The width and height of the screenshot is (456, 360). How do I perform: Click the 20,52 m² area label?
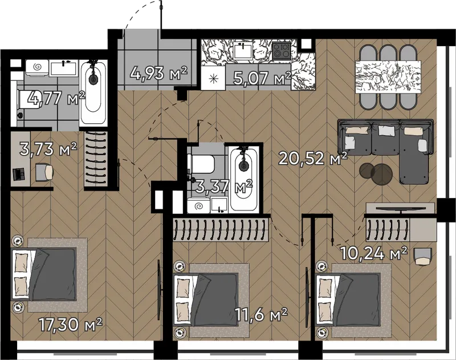point(313,159)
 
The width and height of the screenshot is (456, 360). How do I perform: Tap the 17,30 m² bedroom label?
point(70,325)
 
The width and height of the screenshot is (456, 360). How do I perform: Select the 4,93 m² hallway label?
point(158,73)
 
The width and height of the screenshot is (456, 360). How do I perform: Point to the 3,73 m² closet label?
point(48,149)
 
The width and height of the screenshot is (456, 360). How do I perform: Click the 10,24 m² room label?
point(373,253)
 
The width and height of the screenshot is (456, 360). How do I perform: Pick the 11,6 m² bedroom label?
point(261,315)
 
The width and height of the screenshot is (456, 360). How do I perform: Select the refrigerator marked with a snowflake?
point(213,78)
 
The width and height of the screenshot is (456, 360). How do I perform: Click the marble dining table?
point(388,76)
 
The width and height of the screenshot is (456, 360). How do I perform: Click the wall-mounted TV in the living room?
point(401,209)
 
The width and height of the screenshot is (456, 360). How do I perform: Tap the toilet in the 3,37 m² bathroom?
point(201,164)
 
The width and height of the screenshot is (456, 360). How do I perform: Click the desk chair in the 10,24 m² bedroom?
point(422,256)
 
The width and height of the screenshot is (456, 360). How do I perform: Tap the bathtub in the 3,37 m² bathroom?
point(244,179)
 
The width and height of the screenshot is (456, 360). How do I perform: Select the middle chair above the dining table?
point(389,53)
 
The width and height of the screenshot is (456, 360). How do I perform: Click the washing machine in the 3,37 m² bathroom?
point(198,205)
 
